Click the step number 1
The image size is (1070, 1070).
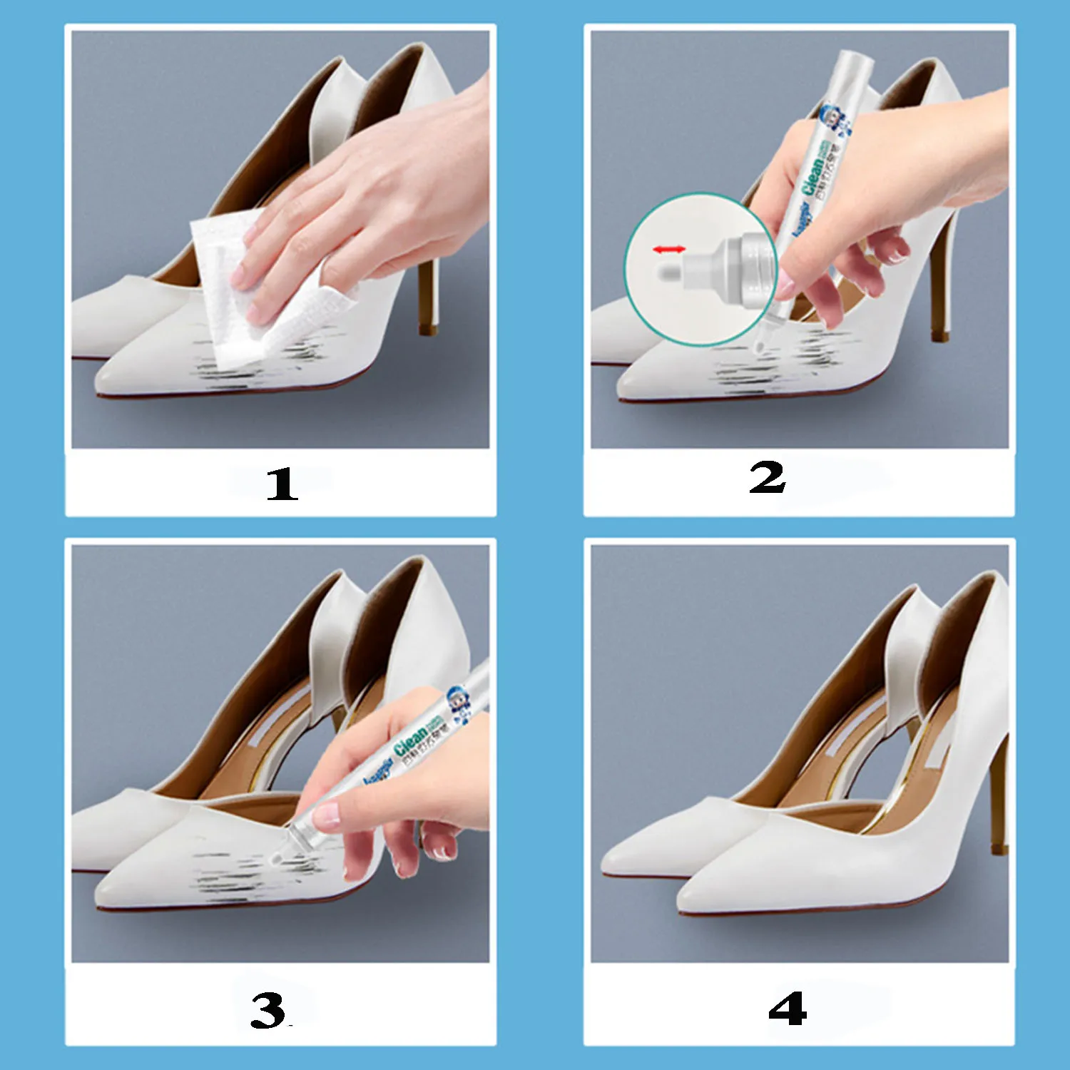pyautogui.click(x=282, y=484)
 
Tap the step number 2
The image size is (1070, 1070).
pyautogui.click(x=767, y=478)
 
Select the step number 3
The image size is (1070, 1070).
pyautogui.click(x=268, y=1010)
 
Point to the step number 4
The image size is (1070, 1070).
pyautogui.click(x=788, y=1009)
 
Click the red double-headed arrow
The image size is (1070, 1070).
pyautogui.click(x=669, y=249)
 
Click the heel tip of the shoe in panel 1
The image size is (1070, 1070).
pyautogui.click(x=427, y=329)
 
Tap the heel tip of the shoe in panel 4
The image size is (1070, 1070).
pyautogui.click(x=999, y=848)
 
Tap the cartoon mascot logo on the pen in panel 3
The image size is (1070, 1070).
pyautogui.click(x=457, y=698)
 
